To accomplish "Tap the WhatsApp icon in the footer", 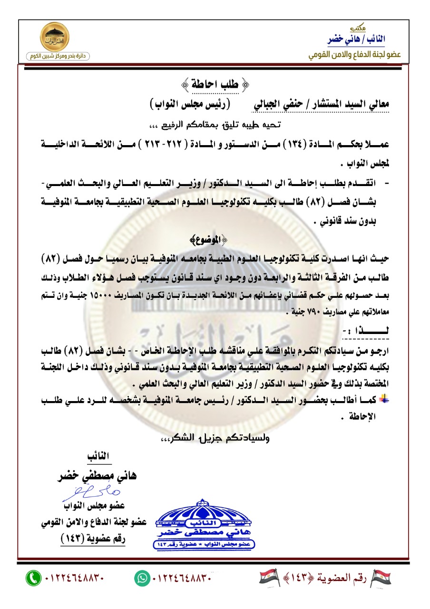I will (x=142, y=579).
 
